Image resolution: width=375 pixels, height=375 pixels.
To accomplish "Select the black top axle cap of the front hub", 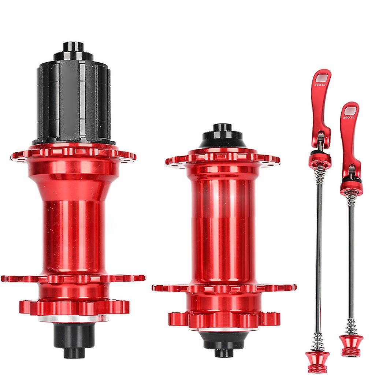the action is point(222,136).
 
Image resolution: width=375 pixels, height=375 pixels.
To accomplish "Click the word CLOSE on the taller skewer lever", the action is point(321,85).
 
